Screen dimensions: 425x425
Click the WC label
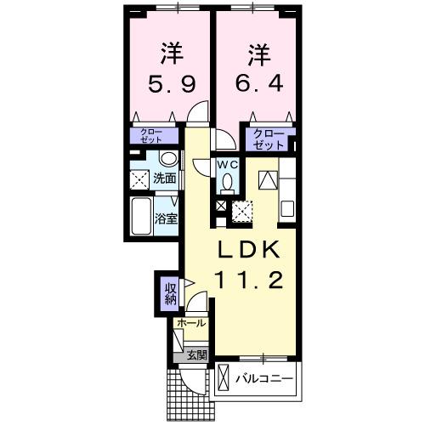coord(228,163)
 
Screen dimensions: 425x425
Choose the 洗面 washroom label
coord(165,179)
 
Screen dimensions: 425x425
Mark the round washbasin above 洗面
coord(168,159)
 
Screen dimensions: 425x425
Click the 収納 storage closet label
coord(170,293)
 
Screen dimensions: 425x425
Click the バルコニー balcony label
coord(263,377)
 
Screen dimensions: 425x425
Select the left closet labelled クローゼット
coord(154,135)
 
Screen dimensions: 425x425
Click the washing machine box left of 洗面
coord(139,180)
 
